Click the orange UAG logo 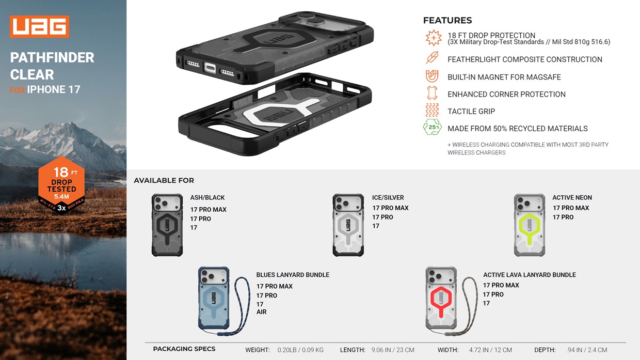coord(39,27)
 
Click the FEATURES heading coord(447,21)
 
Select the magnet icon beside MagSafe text coord(432,76)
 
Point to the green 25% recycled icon coord(432,128)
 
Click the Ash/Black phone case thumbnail coord(167,225)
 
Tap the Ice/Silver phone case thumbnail coord(348,225)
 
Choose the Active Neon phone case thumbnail coord(530,225)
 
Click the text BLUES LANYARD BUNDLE coord(293,275)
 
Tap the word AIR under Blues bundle coord(262,312)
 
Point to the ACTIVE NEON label coord(572,197)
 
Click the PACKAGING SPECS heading coord(184,349)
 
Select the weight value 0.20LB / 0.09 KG coord(300,350)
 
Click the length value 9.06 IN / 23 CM coord(393,350)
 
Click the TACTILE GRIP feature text coord(471,111)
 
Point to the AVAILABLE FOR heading coord(164,180)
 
